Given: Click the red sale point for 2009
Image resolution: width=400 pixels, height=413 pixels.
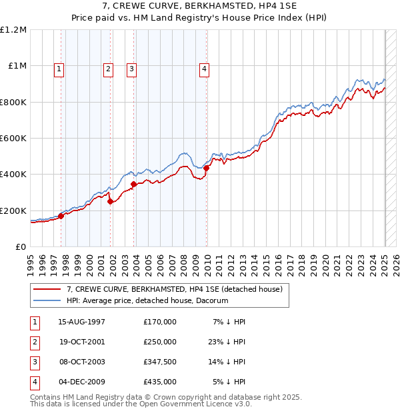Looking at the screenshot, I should [207, 168].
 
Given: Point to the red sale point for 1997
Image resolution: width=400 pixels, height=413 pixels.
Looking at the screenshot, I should [61, 216].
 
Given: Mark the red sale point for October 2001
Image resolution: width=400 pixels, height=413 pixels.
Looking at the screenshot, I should [111, 202].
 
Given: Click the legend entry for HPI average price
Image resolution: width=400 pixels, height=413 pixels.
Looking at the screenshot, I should [147, 300].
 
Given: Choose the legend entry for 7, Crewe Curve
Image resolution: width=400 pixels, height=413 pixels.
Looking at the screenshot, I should [175, 289].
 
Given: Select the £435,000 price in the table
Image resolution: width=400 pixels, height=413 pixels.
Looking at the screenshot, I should [160, 382].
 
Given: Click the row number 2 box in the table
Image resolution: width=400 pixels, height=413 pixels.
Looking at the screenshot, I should [34, 342].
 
